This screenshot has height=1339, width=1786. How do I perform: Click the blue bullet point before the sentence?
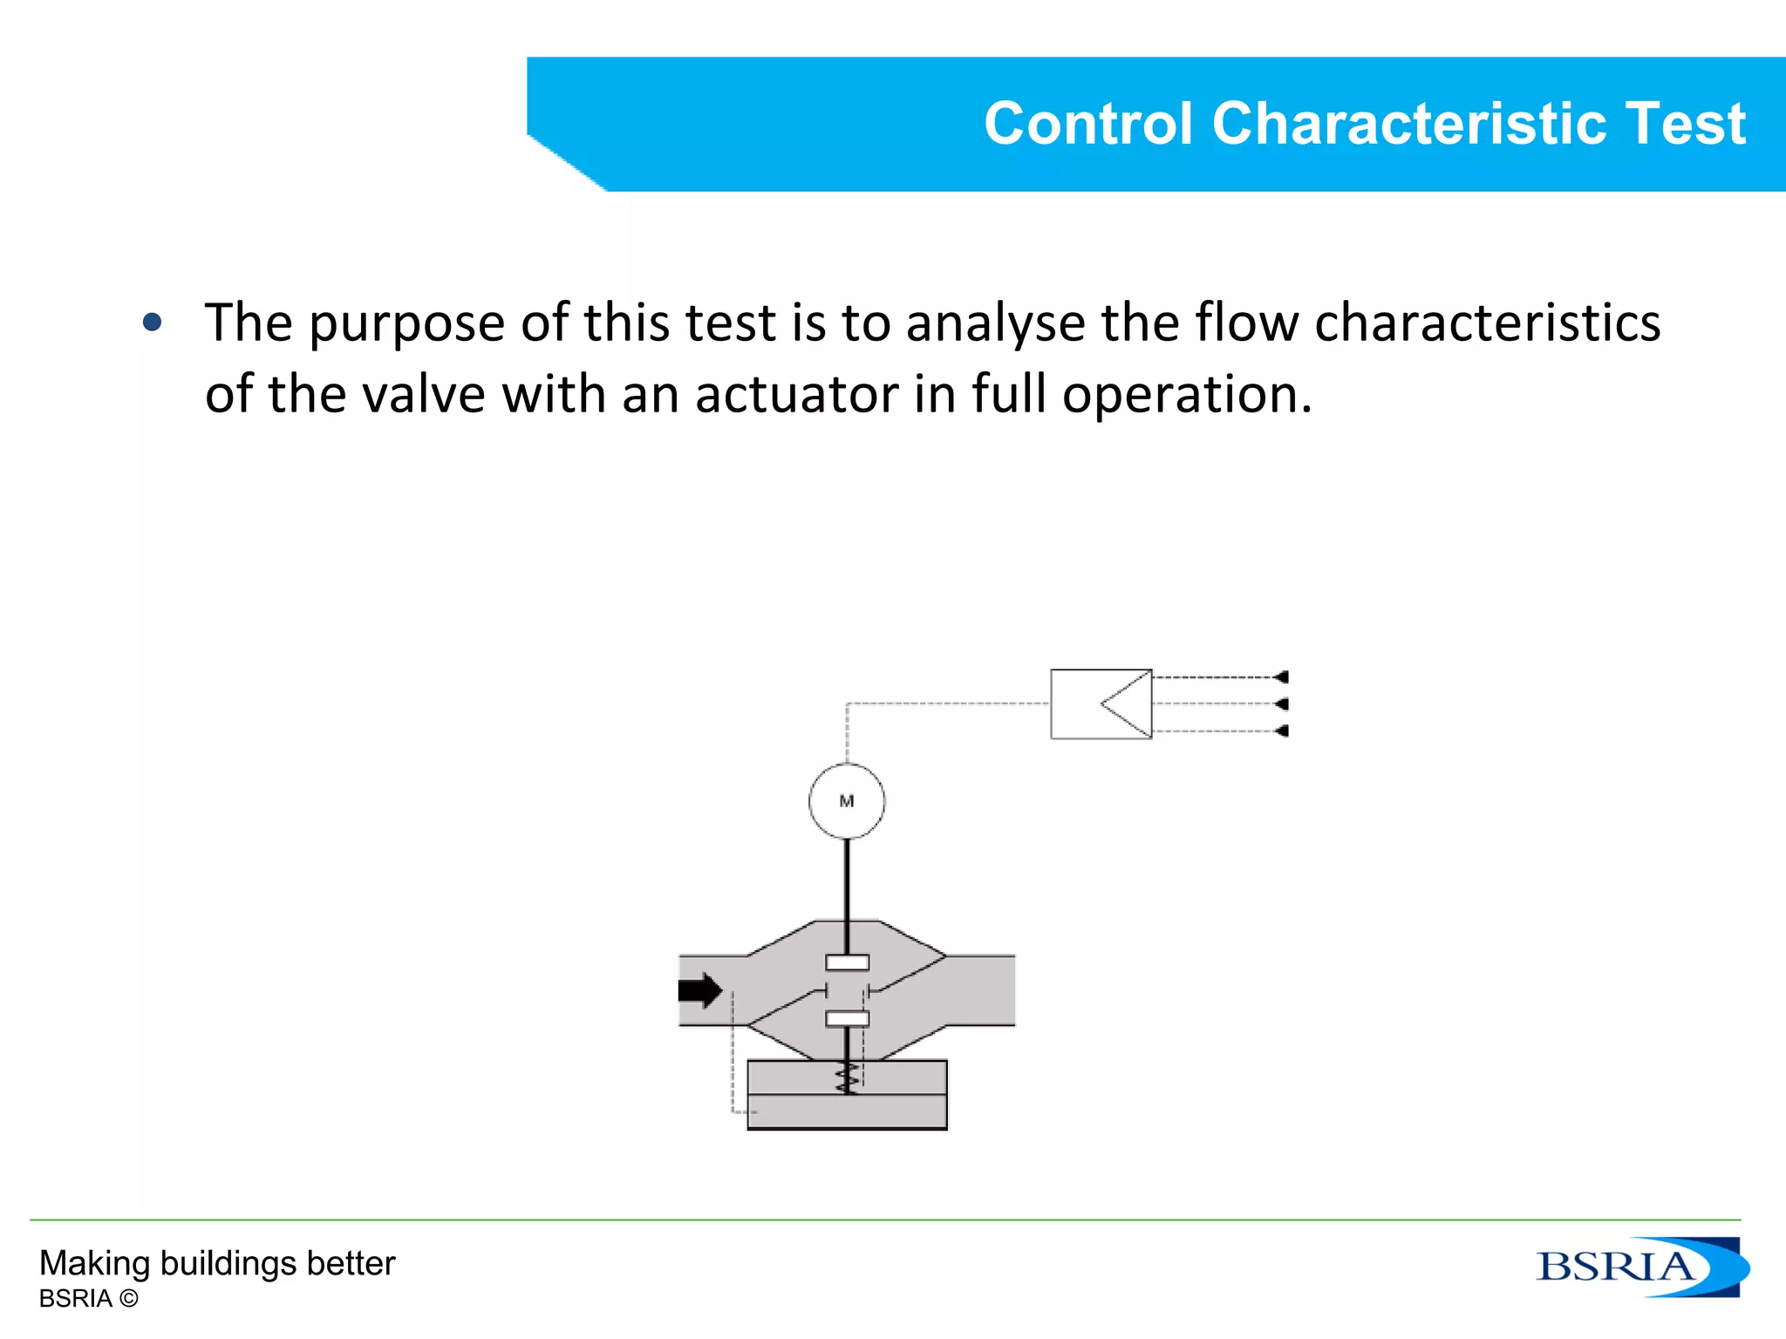point(153,323)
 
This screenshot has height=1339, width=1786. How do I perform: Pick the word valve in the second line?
point(423,395)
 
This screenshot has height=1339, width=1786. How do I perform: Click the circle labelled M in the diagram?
point(846,801)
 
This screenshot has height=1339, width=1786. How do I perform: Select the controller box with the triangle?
point(1101,704)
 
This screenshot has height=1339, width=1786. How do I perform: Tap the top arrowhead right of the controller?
point(1280,677)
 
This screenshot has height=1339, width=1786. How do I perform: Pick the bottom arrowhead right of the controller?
point(1280,731)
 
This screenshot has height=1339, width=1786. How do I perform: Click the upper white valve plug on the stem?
point(847,962)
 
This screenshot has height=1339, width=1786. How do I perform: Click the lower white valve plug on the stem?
point(847,1018)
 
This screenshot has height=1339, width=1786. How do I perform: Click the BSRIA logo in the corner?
point(1640,1267)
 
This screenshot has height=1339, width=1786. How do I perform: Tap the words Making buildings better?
point(217,1263)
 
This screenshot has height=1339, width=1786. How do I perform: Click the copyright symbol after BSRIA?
point(128,1299)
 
